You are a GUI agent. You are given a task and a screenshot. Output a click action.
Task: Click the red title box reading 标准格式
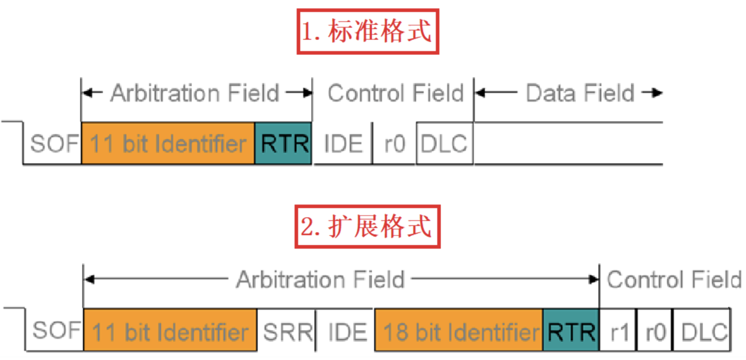pos(368,32)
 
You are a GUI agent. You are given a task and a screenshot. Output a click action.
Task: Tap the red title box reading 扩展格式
pos(367,227)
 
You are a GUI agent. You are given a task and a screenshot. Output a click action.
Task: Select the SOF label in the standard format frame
pos(54,143)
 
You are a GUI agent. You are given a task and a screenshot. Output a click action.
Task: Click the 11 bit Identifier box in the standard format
pos(168,143)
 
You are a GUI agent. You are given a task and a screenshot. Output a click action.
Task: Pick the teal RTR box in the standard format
pos(283,143)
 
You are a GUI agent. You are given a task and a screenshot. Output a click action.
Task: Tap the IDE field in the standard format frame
pos(343,144)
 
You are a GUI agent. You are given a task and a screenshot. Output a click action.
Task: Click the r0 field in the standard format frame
pos(395,144)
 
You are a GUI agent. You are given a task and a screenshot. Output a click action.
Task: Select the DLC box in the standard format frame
pos(444,143)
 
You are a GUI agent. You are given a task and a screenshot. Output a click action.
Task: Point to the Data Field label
pos(580,93)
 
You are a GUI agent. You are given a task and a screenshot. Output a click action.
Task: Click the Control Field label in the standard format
pos(396,93)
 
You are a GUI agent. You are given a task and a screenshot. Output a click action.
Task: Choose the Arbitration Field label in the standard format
pos(195,93)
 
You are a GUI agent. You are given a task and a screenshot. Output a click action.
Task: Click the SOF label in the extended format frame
pos(56,330)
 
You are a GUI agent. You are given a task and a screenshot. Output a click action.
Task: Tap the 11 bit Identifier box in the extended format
pos(170,330)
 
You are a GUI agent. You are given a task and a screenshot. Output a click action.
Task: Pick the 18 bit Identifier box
pos(459,330)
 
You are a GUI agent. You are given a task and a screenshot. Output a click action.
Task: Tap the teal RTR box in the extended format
pos(571,330)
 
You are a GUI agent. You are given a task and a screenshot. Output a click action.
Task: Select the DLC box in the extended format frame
pos(702,330)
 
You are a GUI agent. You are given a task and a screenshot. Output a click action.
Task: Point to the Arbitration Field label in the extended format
pos(320,279)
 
